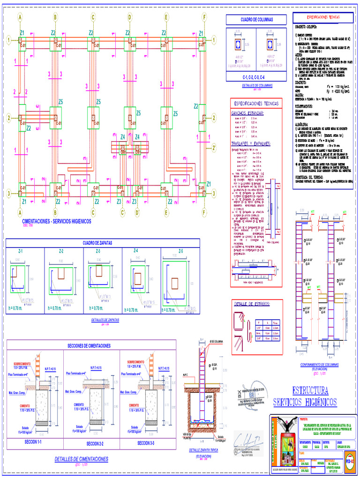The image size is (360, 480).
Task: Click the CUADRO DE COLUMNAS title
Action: pyautogui.click(x=256, y=20)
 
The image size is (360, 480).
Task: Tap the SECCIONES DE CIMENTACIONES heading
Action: pyautogui.click(x=89, y=345)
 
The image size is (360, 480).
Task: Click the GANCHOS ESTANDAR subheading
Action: pyautogui.click(x=247, y=113)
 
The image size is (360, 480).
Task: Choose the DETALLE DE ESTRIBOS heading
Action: pyautogui.click(x=252, y=305)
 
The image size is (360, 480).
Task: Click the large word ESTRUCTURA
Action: pyautogui.click(x=309, y=390)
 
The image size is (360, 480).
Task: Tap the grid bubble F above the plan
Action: pyautogui.click(x=204, y=17)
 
